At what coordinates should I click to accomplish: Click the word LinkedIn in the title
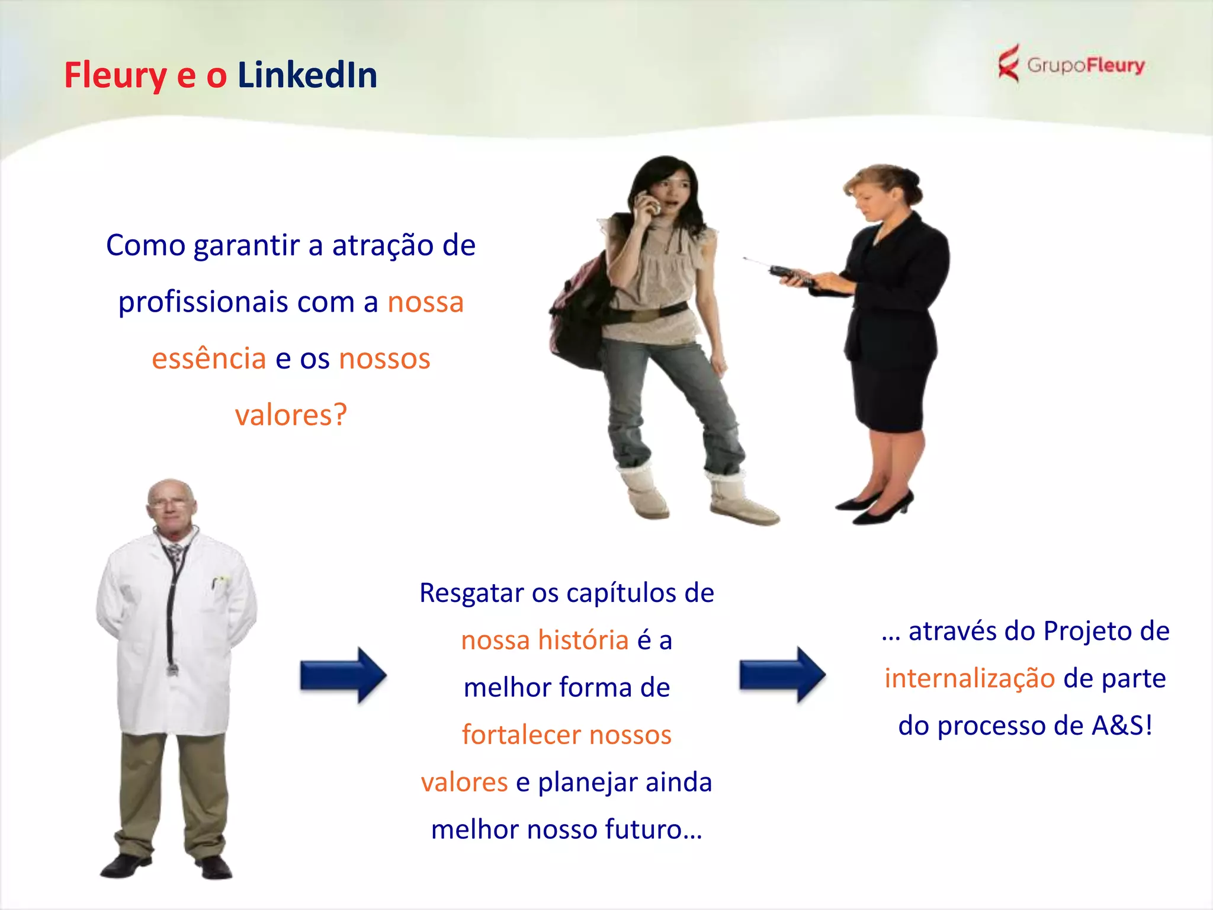click(x=307, y=76)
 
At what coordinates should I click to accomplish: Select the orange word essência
click(x=208, y=358)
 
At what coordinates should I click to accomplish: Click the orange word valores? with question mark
click(x=291, y=415)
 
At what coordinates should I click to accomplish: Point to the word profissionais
click(x=203, y=302)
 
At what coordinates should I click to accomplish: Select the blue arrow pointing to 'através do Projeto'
click(x=782, y=675)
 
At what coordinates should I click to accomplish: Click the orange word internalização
click(x=970, y=678)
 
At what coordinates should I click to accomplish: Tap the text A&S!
click(x=1122, y=726)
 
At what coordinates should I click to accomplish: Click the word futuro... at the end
click(x=653, y=829)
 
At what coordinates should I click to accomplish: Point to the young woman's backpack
click(x=577, y=314)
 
